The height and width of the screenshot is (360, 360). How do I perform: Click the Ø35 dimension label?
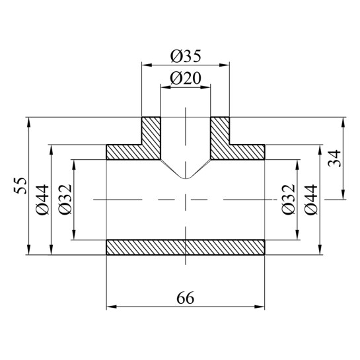tap(186, 56)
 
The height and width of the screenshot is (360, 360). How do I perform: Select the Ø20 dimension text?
tap(186, 79)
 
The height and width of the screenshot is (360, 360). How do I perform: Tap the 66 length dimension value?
tap(185, 298)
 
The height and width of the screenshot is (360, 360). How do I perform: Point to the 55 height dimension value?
tap(20, 186)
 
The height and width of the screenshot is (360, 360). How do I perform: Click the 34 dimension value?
tap(334, 158)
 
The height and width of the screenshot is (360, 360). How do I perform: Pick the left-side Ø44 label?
tap(42, 199)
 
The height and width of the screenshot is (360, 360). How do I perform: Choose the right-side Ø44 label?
tap(311, 199)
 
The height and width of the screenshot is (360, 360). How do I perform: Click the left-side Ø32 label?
tap(65, 199)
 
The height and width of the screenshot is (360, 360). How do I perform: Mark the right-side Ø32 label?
tap(289, 199)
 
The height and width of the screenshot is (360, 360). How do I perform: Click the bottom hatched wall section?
tap(186, 247)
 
